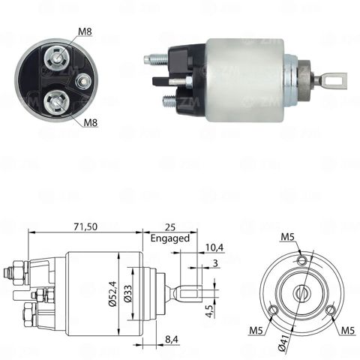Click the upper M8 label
(85, 31)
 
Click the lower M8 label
(91, 122)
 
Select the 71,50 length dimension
(85, 226)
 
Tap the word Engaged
(170, 238)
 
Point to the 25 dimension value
(170, 227)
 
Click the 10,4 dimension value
(214, 247)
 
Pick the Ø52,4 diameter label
(112, 293)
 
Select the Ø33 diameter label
(127, 293)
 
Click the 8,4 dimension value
(172, 339)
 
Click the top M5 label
(287, 237)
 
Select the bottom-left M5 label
(256, 331)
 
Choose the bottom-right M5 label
(348, 331)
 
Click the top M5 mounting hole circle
(302, 260)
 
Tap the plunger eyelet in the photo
(334, 79)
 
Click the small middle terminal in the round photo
(83, 81)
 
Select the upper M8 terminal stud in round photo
(57, 59)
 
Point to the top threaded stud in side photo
(156, 60)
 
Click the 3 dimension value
(215, 262)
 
